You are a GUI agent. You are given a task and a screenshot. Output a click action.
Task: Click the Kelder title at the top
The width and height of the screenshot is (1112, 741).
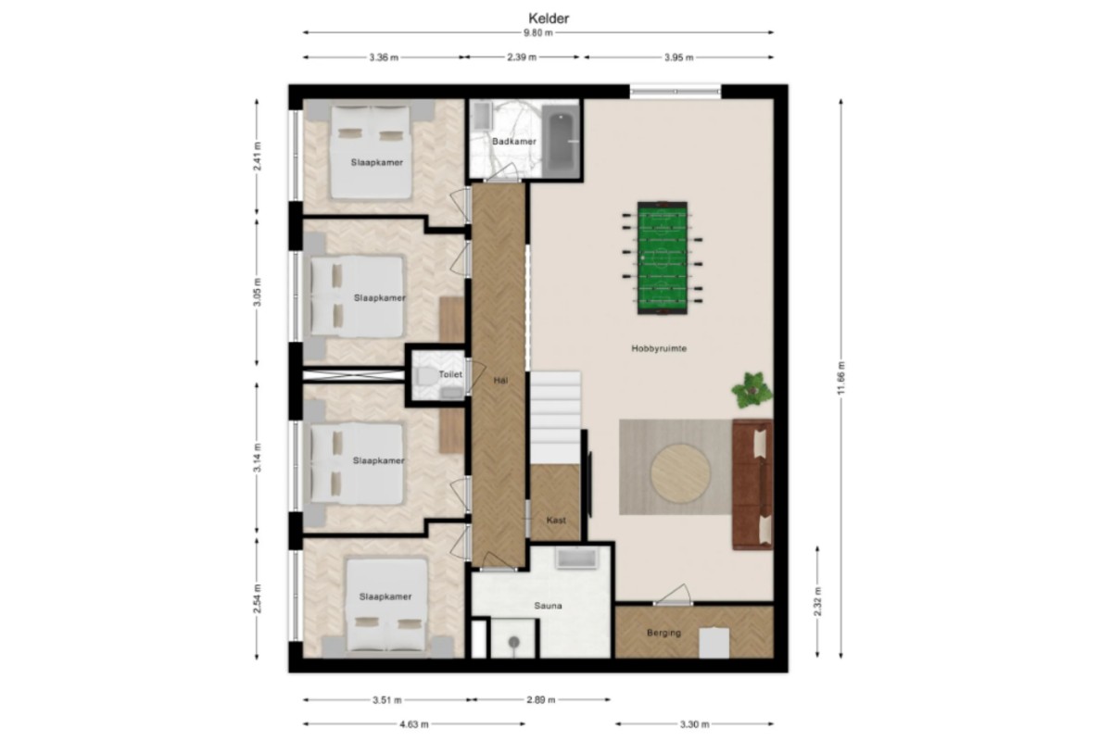[x=549, y=19]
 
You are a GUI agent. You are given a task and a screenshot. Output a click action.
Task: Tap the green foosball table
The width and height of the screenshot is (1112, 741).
[x=663, y=257]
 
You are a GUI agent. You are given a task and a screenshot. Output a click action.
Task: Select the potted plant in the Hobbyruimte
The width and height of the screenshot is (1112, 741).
[x=752, y=390]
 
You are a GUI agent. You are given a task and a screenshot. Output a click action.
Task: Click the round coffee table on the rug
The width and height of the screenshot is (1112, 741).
[x=680, y=472]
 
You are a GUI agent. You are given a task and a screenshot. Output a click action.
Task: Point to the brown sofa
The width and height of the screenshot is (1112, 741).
[x=752, y=484]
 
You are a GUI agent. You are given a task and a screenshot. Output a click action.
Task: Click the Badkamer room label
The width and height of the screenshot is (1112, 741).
[x=513, y=142]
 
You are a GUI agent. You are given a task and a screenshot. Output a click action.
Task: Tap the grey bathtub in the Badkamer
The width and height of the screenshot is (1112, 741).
[x=561, y=141]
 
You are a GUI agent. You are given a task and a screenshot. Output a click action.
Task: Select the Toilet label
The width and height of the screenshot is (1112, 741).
[x=450, y=374]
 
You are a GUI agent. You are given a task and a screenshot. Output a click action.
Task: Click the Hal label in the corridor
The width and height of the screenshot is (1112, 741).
[x=500, y=381]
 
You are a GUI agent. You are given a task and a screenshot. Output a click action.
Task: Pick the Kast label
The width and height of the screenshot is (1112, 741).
[x=556, y=521]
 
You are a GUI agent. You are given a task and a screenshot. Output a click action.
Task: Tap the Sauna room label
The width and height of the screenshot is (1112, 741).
[x=548, y=606]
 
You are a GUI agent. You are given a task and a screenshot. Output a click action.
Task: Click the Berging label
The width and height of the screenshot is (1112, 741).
[x=663, y=633]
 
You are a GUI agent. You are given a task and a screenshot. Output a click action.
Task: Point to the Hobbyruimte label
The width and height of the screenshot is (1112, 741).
[x=659, y=348]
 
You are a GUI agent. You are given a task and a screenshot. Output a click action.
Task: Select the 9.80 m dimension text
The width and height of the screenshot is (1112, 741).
[x=538, y=32]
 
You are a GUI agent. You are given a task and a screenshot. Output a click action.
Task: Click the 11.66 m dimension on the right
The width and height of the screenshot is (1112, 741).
[x=841, y=379]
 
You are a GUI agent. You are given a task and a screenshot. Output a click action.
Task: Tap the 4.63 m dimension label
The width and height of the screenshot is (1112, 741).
[x=414, y=724]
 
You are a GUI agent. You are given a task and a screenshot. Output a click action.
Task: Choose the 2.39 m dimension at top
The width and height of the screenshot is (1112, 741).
[x=522, y=57]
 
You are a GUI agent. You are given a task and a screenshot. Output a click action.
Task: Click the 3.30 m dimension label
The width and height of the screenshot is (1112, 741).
[x=694, y=724]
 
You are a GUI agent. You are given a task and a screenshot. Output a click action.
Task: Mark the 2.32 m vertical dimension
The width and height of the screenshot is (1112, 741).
[x=817, y=601]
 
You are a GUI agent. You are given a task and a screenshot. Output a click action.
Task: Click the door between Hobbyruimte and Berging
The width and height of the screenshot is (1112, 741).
[x=673, y=603]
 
